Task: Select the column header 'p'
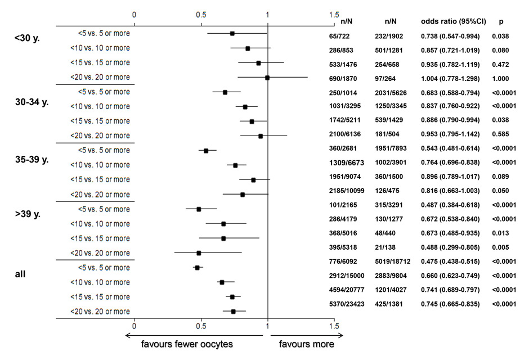pyautogui.click(x=501, y=21)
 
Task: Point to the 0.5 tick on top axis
pyautogui.click(x=201, y=15)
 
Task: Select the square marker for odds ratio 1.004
pyautogui.click(x=267, y=78)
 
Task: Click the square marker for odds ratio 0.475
pyautogui.click(x=198, y=268)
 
